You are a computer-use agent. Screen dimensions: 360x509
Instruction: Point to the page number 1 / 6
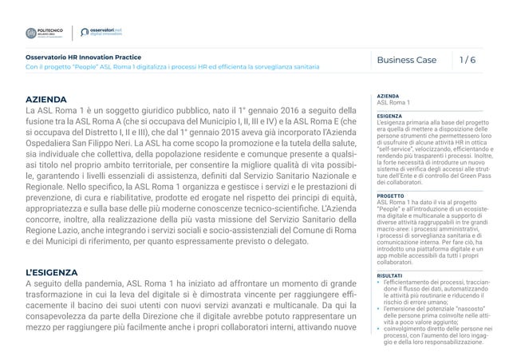click(471, 60)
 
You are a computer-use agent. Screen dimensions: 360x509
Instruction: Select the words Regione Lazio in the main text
click(55, 228)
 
